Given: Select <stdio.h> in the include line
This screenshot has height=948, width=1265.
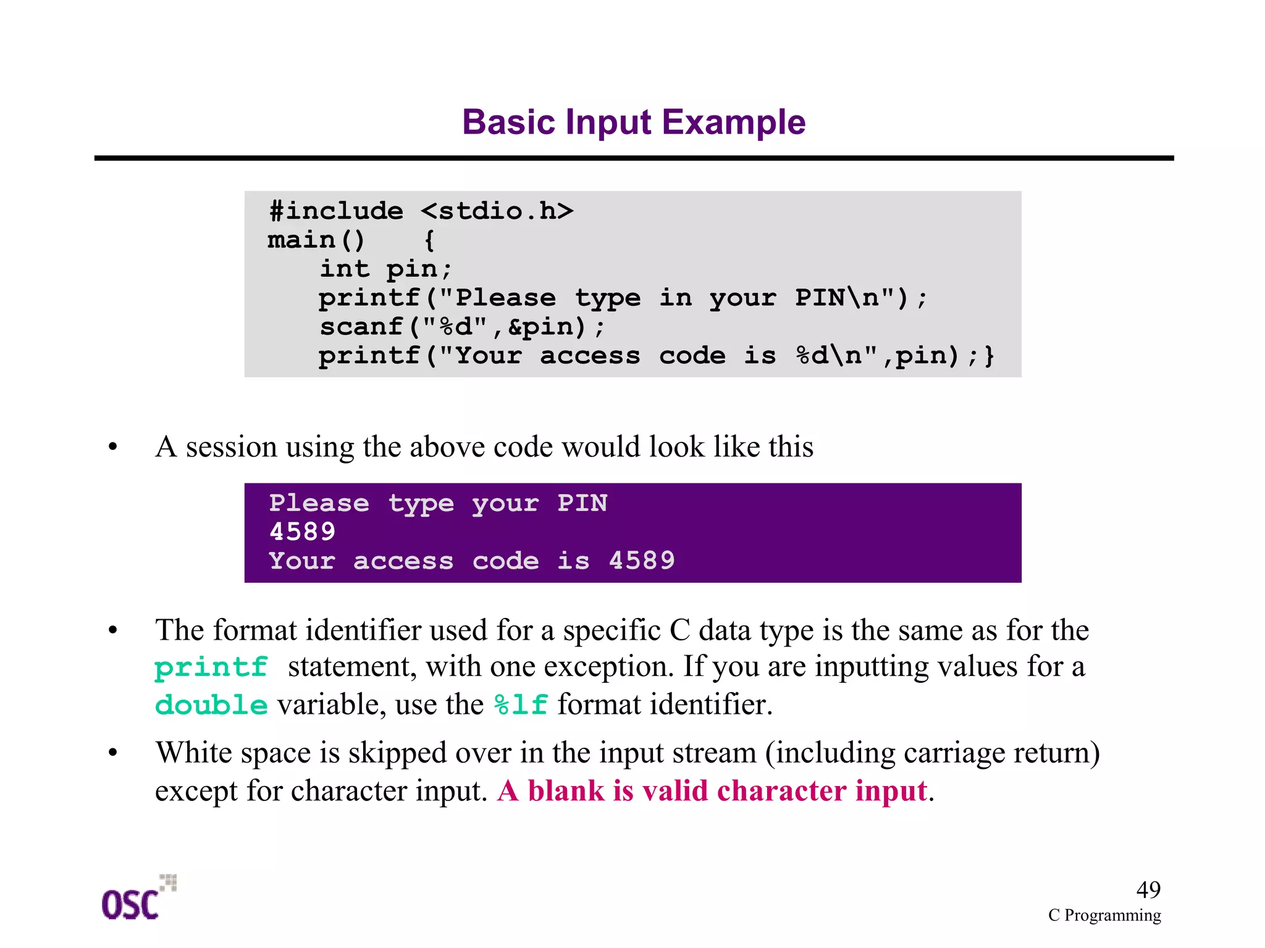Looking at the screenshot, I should pos(497,211).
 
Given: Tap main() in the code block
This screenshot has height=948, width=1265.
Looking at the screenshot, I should pos(316,240).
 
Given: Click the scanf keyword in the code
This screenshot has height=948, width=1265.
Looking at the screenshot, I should pos(361,326).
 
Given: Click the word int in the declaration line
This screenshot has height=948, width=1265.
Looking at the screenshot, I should pos(345,269).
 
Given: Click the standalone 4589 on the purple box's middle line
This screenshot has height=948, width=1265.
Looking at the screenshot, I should pos(303,531).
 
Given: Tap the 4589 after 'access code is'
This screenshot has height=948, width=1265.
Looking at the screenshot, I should pos(642,561).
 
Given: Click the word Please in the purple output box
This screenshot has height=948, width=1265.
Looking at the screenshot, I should pos(319,503).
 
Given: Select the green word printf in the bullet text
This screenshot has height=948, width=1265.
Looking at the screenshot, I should pos(211,667).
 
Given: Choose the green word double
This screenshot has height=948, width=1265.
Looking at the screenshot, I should pos(211,705).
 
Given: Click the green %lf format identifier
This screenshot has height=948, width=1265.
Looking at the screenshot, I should pos(521,705).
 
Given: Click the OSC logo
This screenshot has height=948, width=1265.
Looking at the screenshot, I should pos(136,899).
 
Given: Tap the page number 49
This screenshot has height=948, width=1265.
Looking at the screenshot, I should pos(1148,890).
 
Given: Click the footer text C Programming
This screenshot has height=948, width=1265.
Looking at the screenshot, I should pos(1104,915).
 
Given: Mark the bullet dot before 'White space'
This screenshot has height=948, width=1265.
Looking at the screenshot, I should pos(112,753).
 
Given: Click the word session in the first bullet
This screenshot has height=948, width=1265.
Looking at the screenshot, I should pos(231,446).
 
